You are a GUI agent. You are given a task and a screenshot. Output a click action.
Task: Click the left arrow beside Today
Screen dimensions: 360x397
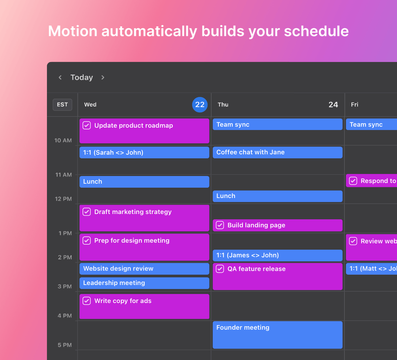[60, 78]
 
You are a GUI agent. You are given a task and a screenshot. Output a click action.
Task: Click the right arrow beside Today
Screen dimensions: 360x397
[103, 78]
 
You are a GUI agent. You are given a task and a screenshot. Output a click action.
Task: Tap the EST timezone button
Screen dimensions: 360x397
[62, 105]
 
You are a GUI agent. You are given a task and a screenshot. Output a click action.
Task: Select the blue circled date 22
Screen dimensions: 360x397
[200, 105]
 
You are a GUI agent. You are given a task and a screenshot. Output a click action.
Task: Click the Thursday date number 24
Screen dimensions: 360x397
[333, 105]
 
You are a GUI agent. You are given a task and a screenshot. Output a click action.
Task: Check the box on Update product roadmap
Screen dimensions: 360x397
[87, 125]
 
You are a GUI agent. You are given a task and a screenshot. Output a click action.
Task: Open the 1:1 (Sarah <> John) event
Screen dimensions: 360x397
[144, 153]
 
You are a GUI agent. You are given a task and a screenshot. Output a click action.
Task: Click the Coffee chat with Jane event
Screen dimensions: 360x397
[277, 152]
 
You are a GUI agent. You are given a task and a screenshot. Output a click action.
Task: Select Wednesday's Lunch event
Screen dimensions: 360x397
[144, 182]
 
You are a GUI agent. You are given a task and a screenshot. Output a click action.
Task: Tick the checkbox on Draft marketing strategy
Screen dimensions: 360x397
[87, 212]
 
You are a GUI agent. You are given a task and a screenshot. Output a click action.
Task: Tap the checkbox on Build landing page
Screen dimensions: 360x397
[220, 225]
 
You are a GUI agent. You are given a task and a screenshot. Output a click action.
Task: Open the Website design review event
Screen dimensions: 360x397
[144, 269]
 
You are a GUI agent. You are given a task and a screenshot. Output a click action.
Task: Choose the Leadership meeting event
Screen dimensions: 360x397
[144, 283]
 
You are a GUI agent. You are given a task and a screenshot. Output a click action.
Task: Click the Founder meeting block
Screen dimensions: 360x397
[277, 335]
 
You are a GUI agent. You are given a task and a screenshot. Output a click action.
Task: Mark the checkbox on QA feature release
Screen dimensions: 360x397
[220, 269]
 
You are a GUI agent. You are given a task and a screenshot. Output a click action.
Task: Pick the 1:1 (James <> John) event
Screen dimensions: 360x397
[277, 255]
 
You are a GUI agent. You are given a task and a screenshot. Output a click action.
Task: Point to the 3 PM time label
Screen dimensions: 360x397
[65, 286]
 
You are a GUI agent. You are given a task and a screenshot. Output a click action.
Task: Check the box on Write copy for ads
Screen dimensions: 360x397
[87, 301]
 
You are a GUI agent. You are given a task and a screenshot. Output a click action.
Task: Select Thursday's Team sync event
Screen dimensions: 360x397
[277, 124]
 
